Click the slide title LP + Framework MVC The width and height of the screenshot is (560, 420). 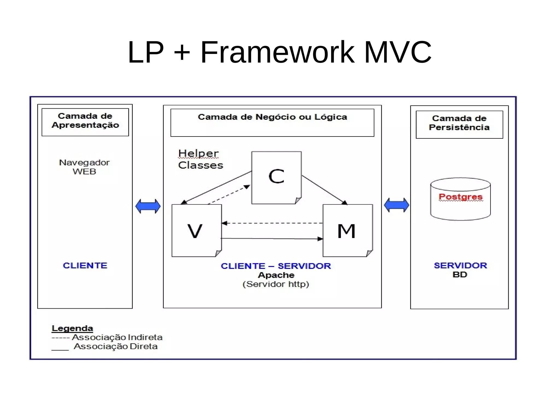[279, 52]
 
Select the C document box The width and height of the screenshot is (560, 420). [276, 177]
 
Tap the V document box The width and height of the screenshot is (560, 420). [196, 230]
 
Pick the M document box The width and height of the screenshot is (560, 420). [347, 230]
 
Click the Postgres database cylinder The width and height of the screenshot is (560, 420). [460, 199]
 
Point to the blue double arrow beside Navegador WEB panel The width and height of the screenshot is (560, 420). [148, 206]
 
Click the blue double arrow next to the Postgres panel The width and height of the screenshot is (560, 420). [396, 205]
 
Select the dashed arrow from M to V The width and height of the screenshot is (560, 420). [272, 223]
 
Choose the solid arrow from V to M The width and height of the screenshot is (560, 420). [272, 239]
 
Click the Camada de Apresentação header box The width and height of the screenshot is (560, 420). [85, 122]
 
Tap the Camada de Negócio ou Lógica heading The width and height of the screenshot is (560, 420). [272, 117]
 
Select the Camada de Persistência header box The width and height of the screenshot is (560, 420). [459, 124]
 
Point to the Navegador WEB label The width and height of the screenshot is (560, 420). [84, 167]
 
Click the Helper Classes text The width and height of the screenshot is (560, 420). [200, 159]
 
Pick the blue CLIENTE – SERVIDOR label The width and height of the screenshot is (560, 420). [276, 266]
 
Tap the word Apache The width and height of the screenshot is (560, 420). [276, 275]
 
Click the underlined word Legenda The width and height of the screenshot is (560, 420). [72, 328]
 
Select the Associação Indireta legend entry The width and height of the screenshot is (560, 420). [107, 337]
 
